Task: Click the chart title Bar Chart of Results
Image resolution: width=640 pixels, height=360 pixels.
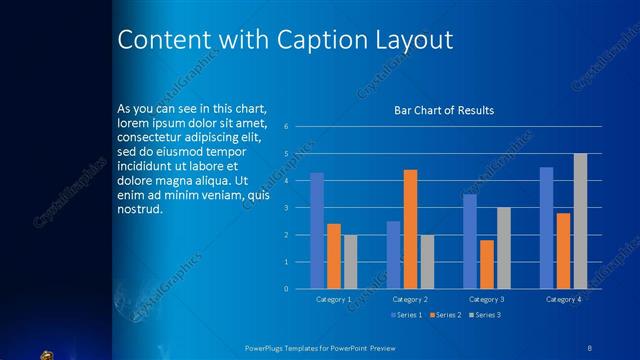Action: (x=443, y=111)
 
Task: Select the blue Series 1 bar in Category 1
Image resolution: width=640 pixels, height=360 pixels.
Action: (x=317, y=230)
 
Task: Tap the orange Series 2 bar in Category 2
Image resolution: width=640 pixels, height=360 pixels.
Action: (x=410, y=229)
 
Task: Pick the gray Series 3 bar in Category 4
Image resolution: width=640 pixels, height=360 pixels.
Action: (x=580, y=221)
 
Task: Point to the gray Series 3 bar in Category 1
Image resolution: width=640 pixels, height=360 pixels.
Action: (x=350, y=261)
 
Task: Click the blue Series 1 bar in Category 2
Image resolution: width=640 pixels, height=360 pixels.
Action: (x=393, y=255)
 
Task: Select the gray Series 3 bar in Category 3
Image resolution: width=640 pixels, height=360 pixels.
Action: (x=503, y=248)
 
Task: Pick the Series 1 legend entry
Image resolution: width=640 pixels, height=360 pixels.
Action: (x=404, y=315)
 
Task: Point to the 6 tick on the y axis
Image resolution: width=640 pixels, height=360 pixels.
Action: (x=286, y=127)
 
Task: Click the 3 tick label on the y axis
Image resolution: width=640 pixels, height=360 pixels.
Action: (x=286, y=208)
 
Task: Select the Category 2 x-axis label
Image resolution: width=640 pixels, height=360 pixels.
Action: (x=410, y=299)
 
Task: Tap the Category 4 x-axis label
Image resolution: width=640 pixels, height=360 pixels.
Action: (x=563, y=299)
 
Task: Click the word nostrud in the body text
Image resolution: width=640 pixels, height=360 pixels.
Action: (x=139, y=211)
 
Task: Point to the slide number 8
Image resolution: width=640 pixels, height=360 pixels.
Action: (x=590, y=345)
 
